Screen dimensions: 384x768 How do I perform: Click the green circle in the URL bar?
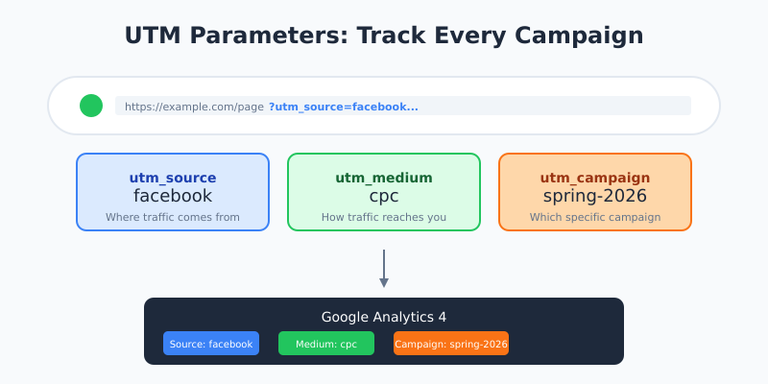(x=91, y=106)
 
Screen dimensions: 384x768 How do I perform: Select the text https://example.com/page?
(x=194, y=107)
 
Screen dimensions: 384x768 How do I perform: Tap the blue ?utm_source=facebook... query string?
(x=343, y=107)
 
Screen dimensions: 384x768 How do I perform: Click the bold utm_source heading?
(x=173, y=178)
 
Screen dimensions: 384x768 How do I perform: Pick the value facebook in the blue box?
(x=173, y=196)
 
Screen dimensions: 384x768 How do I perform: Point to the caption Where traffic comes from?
(x=173, y=217)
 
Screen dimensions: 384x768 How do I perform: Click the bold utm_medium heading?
(x=384, y=178)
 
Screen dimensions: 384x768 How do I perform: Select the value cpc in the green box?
(x=384, y=196)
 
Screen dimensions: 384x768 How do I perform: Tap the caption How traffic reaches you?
(x=384, y=217)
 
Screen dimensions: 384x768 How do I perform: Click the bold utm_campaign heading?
(x=595, y=178)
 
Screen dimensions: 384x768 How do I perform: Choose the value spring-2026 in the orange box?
(x=595, y=196)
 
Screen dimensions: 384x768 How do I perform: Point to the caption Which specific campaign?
(x=595, y=217)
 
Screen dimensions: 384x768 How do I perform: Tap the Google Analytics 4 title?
(x=384, y=317)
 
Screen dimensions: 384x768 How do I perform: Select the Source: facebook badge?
(x=211, y=344)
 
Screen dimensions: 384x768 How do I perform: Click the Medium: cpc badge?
(x=326, y=344)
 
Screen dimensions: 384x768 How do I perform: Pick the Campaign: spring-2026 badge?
(x=451, y=344)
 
